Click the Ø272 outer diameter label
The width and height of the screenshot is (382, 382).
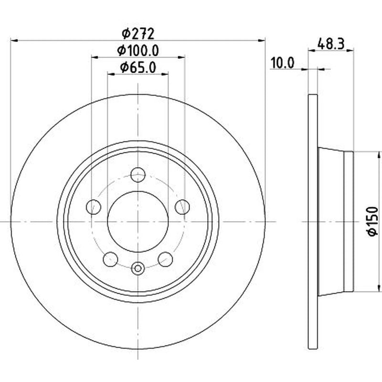tap(138, 34)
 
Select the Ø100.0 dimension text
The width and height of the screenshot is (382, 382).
tap(138, 51)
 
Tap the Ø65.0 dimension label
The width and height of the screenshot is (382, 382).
tap(138, 67)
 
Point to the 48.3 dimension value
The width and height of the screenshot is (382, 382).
tap(331, 44)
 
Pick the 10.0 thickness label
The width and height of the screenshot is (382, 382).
tap(283, 63)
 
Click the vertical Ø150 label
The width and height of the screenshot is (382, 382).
tap(372, 221)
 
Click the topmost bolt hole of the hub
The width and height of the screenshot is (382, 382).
tap(138, 175)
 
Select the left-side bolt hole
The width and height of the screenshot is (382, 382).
tap(94, 207)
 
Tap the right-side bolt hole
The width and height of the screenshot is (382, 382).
tap(182, 207)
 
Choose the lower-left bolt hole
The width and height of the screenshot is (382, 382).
tap(111, 259)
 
